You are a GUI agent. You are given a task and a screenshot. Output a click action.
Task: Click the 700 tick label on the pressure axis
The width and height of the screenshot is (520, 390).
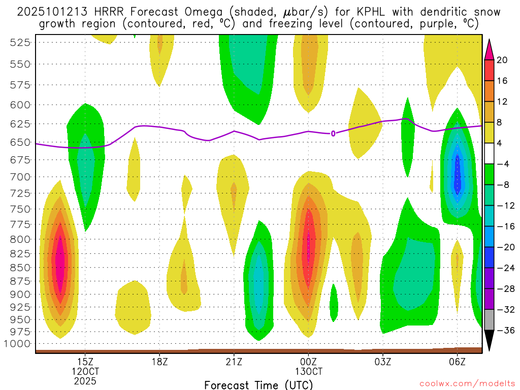(20, 177)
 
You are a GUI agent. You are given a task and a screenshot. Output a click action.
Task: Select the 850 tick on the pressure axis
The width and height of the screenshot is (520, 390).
(20, 267)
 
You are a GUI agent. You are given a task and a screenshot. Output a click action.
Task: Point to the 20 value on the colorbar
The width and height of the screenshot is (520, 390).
(502, 60)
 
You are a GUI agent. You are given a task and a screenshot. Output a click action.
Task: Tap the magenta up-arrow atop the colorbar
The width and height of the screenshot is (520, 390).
(489, 49)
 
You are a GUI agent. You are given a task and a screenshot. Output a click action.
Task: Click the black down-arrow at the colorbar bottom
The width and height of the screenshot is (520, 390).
(489, 340)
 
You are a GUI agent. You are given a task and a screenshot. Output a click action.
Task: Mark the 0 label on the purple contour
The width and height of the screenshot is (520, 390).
(333, 134)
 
